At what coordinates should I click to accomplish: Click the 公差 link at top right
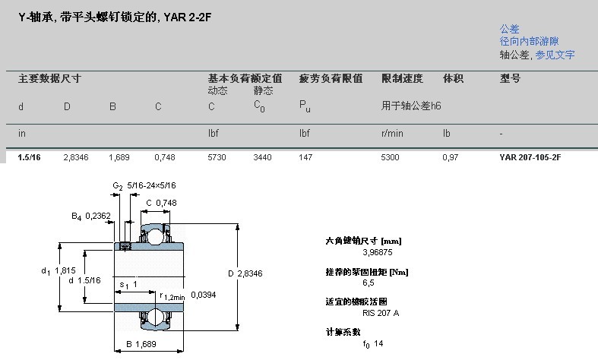pos(509,29)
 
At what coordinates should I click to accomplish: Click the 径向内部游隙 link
pos(529,42)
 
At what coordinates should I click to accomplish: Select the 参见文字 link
pos(555,55)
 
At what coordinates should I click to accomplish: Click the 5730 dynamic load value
pos(217,157)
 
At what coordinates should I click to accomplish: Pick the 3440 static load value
pos(262,157)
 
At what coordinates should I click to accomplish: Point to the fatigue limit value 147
pos(305,157)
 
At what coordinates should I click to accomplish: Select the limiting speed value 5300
pos(391,157)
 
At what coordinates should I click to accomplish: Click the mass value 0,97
pos(451,157)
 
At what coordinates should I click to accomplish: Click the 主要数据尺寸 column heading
pos(49,78)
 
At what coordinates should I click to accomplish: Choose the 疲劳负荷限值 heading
pos(331,78)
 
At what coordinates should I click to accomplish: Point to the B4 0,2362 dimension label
pos(92,216)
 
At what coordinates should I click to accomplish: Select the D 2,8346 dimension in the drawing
pos(245,273)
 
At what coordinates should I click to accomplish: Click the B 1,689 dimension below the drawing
pos(141,345)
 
